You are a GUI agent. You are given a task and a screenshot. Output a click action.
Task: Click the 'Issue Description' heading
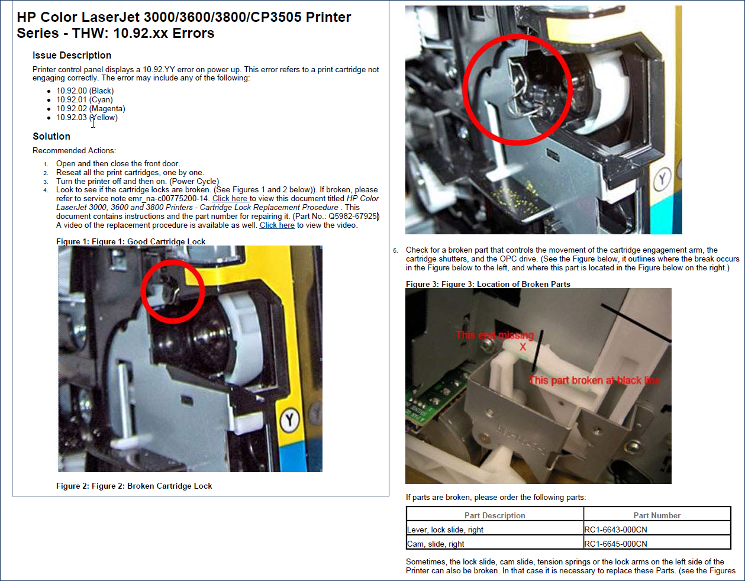click(x=72, y=55)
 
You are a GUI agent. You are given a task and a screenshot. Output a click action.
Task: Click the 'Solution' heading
click(x=51, y=136)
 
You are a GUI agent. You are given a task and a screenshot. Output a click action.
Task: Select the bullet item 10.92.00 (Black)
click(x=85, y=91)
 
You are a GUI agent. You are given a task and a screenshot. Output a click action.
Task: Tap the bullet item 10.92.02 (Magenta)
click(x=91, y=109)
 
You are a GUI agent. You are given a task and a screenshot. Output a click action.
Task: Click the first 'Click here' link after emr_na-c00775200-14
click(x=230, y=198)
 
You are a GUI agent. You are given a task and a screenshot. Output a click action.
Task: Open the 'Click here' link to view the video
click(x=277, y=225)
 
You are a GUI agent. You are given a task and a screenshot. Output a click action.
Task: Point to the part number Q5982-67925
click(x=353, y=217)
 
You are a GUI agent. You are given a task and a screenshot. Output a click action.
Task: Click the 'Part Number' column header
click(x=657, y=515)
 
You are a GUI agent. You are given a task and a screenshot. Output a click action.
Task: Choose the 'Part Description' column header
click(x=495, y=515)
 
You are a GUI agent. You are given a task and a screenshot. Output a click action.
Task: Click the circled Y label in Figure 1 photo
click(x=290, y=419)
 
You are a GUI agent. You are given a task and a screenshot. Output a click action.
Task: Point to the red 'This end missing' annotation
click(x=495, y=335)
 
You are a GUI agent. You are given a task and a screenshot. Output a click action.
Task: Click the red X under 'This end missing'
click(x=523, y=347)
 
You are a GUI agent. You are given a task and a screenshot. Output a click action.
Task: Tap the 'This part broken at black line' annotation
click(x=595, y=380)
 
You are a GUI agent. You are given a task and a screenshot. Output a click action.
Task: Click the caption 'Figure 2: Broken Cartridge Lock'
click(x=134, y=486)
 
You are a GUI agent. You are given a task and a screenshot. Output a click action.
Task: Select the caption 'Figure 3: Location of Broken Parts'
click(x=488, y=284)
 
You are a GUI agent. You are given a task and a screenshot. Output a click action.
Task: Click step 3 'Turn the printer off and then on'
click(x=137, y=181)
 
